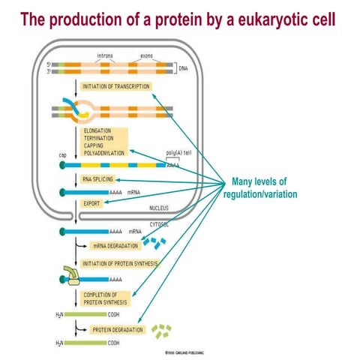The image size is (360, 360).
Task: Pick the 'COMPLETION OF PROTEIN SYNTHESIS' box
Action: (106, 298)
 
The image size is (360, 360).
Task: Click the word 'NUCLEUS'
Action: (159, 207)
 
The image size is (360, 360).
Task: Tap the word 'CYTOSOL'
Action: (159, 223)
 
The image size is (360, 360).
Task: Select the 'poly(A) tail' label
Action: (178, 151)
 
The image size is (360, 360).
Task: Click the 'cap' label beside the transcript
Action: (63, 155)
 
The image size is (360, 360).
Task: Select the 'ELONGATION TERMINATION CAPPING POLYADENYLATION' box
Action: (104, 141)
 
